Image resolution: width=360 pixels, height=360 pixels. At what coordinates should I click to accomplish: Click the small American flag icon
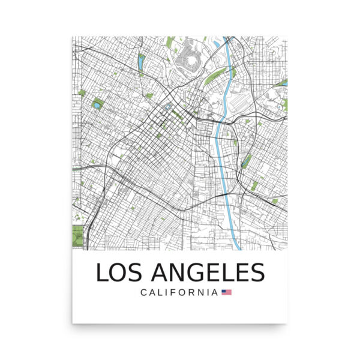tap(226, 293)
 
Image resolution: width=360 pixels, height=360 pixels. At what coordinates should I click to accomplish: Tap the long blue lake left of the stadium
tap(140, 62)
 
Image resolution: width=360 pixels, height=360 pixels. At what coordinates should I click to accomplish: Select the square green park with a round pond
tap(97, 105)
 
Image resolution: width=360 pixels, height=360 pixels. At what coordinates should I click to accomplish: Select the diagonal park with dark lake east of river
tap(247, 161)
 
